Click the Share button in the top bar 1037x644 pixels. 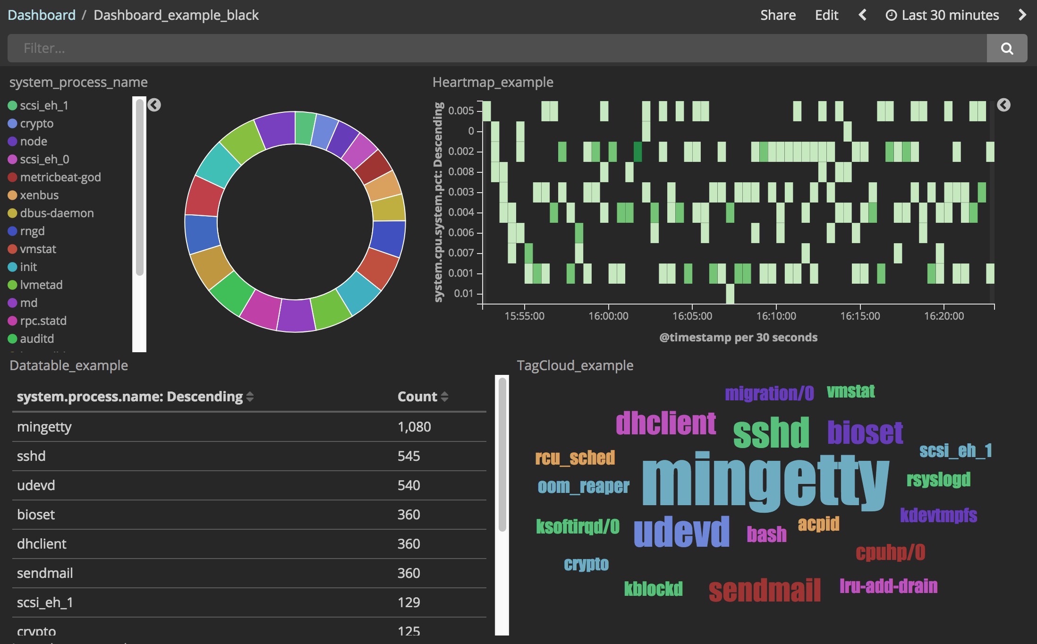pos(778,15)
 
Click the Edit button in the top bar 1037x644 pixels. pos(826,15)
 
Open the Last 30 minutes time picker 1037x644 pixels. pos(942,15)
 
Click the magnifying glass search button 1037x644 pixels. pos(1007,48)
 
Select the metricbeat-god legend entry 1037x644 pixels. pos(55,177)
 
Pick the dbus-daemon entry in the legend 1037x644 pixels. pos(51,213)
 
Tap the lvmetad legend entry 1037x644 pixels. pos(35,285)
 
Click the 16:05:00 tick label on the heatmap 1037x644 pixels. pos(692,316)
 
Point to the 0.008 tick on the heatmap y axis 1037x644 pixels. pos(460,171)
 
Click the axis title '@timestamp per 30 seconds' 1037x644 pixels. pos(738,337)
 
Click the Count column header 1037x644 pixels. pos(417,397)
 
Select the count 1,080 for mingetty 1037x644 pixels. pos(414,427)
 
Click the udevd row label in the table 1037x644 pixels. pos(36,485)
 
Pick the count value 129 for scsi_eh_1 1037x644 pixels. pos(408,602)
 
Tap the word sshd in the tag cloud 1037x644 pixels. pos(771,432)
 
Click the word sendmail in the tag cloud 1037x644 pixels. pos(765,590)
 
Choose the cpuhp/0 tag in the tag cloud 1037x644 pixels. pos(890,552)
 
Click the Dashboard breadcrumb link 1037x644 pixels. pos(42,15)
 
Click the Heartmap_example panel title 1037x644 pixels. pos(493,82)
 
